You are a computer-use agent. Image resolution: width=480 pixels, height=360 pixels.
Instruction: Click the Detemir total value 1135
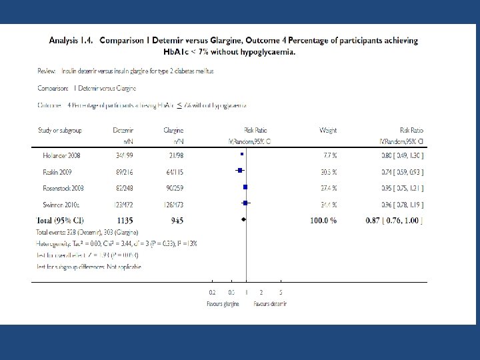coord(124,219)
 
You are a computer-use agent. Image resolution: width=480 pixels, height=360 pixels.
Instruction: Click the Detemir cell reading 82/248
coord(124,188)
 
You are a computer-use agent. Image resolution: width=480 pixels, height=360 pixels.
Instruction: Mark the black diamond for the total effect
coord(244,219)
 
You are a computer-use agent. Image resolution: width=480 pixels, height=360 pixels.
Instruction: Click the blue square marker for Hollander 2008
coord(242,155)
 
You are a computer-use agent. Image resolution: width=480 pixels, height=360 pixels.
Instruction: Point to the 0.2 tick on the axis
coord(212,293)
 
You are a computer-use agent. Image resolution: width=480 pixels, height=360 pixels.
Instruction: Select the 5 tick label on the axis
coord(281,293)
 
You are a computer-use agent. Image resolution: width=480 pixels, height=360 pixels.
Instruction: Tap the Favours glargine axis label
coord(221,303)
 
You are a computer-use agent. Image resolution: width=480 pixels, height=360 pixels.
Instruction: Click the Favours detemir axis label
coord(270,303)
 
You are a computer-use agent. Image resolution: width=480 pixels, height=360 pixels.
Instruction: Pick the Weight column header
coord(328,131)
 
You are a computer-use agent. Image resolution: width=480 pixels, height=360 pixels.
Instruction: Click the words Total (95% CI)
coord(60,219)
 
